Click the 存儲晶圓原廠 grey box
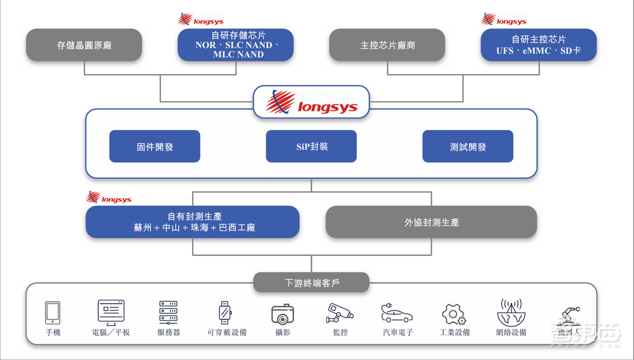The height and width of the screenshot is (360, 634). tap(84, 45)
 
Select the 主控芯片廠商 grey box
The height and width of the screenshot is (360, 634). tap(387, 45)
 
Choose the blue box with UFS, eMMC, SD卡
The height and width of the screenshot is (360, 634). tap(538, 45)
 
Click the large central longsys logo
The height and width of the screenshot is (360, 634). tap(311, 102)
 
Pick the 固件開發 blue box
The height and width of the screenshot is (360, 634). tap(155, 146)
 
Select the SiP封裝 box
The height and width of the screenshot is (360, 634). tap(311, 146)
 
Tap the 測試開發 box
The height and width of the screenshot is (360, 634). tap(468, 146)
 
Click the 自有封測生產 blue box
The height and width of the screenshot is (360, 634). tap(193, 222)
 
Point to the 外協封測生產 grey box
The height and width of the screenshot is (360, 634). tap(431, 222)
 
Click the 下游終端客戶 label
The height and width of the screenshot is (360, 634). tap(311, 281)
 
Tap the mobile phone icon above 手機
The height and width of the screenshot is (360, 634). tap(53, 312)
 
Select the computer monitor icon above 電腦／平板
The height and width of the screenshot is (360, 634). tap(111, 312)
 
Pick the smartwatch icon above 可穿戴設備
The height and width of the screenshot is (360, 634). tap(224, 312)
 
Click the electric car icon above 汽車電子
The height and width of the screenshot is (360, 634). tap(397, 312)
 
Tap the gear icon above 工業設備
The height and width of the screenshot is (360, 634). tap(454, 313)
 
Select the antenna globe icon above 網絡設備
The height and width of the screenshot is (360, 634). tap(511, 312)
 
